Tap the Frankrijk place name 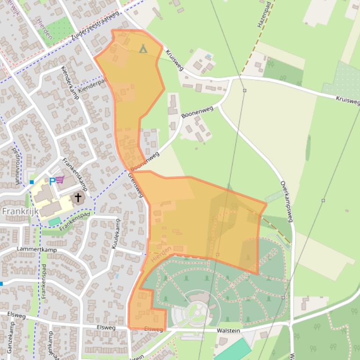point(20,211)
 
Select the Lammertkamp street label point(36,250)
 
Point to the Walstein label point(228,331)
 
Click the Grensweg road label point(135,184)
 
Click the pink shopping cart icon point(60,180)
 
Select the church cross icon point(78,197)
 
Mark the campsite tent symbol point(143,48)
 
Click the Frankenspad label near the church point(74,223)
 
